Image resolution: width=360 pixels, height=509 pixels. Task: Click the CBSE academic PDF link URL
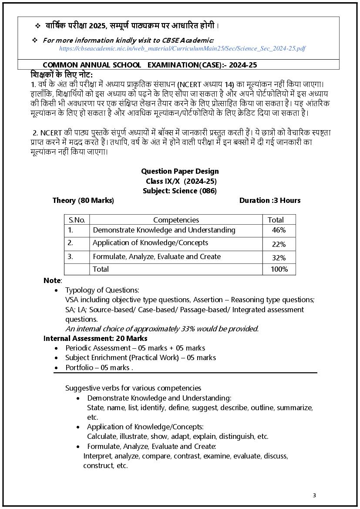point(182,48)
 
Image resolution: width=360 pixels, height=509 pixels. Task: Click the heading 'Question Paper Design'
point(180,171)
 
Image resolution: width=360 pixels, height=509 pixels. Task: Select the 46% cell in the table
point(279,230)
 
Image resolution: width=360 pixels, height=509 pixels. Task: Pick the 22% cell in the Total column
point(279,244)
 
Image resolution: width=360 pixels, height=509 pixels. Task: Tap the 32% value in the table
point(279,258)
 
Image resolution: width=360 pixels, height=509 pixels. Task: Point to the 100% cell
point(279,270)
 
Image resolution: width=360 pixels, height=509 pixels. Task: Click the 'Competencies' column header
point(176,220)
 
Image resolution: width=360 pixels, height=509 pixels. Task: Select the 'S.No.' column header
point(77,220)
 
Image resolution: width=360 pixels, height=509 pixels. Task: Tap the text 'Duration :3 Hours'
point(269,200)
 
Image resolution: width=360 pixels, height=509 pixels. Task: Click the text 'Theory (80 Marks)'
point(83,200)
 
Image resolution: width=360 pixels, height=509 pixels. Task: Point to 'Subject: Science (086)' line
point(180,191)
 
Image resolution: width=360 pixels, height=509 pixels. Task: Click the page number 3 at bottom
point(314,495)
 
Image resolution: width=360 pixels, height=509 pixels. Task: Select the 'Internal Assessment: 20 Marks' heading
point(95,338)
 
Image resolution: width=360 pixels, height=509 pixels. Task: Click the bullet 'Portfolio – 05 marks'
point(99,367)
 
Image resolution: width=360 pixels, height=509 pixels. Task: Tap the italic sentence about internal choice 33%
point(162,329)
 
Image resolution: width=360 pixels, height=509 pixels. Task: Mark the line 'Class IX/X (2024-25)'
point(181,181)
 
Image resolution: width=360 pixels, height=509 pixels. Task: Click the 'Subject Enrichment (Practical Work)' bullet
point(141,357)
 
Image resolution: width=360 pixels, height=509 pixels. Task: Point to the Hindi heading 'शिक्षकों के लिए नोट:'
point(62,74)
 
